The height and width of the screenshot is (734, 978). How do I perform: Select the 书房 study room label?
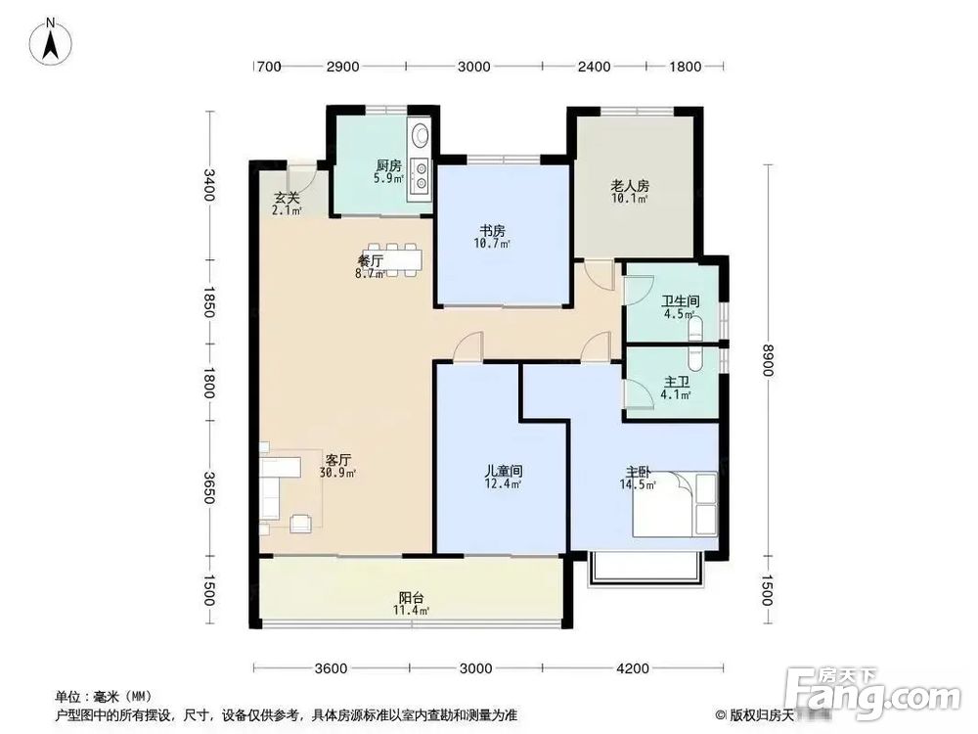point(492,232)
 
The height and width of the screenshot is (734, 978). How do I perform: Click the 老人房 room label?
point(631,186)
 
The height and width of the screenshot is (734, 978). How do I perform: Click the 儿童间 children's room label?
point(503,471)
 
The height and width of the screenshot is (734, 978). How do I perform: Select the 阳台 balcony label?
point(411,599)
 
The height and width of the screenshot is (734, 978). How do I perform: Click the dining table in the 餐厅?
point(397,260)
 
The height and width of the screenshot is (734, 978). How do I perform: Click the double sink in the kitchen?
point(422,174)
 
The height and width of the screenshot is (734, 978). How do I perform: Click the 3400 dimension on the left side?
point(208,185)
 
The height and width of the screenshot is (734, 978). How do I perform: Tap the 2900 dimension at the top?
point(343,67)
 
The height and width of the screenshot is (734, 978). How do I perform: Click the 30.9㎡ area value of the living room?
point(337,472)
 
